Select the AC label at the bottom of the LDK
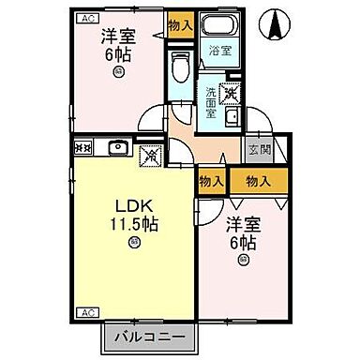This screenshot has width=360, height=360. pyautogui.click(x=86, y=311)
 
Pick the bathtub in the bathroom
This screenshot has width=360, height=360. pyautogui.click(x=220, y=28)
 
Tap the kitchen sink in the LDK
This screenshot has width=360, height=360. pyautogui.click(x=119, y=148)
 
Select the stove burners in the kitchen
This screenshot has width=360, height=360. pyautogui.click(x=82, y=148)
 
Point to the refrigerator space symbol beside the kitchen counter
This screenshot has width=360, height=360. pyautogui.click(x=148, y=155)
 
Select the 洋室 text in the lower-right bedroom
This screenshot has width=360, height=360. pyautogui.click(x=241, y=225)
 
